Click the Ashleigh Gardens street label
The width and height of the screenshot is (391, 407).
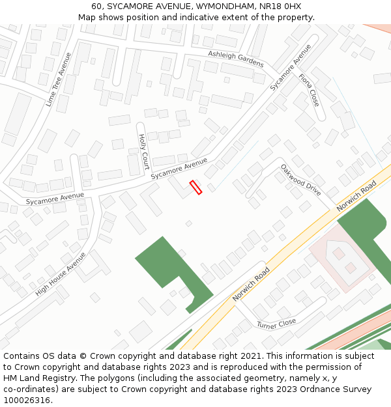pyautogui.click(x=236, y=59)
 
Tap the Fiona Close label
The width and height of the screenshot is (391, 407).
pyautogui.click(x=309, y=90)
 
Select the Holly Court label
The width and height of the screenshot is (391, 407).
pyautogui.click(x=144, y=151)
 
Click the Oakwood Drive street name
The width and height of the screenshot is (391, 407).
pyautogui.click(x=300, y=180)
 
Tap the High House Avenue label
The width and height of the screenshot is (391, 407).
pyautogui.click(x=61, y=274)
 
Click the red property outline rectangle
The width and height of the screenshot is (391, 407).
pyautogui.click(x=195, y=188)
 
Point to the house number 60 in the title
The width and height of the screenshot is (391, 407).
pyautogui.click(x=97, y=6)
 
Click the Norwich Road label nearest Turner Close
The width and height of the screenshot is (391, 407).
pyautogui.click(x=252, y=285)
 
